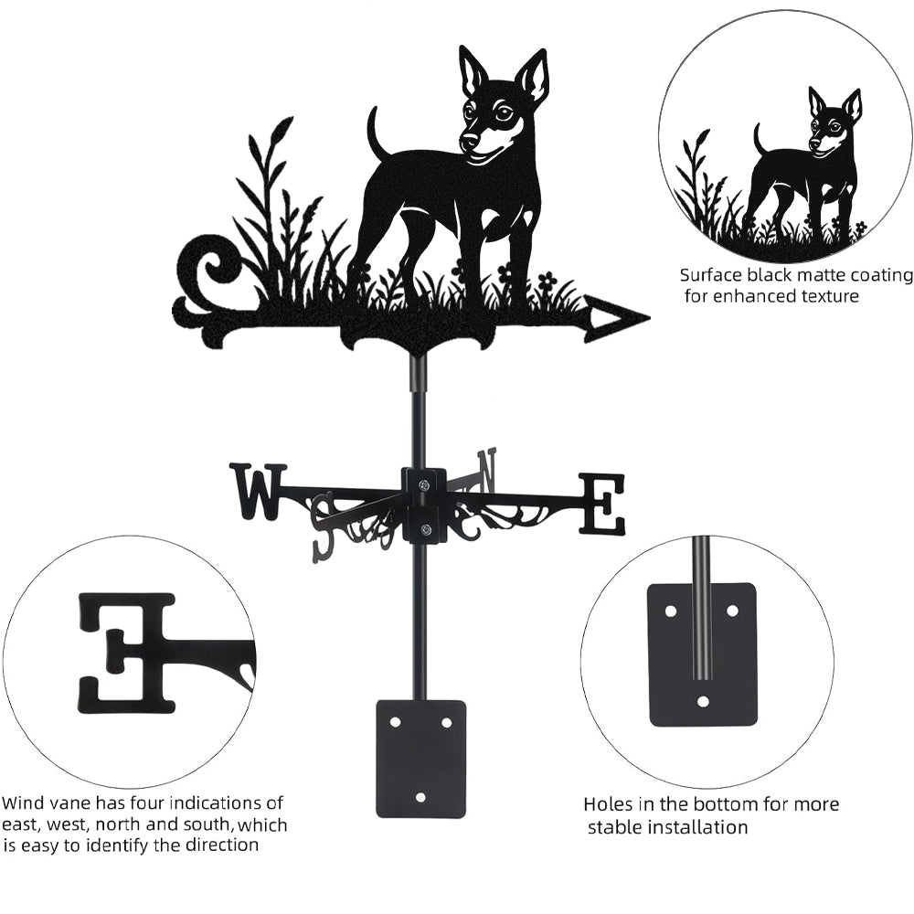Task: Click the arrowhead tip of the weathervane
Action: coord(649,318)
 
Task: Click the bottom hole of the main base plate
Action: coord(420,796)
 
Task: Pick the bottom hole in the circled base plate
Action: coord(704,701)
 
